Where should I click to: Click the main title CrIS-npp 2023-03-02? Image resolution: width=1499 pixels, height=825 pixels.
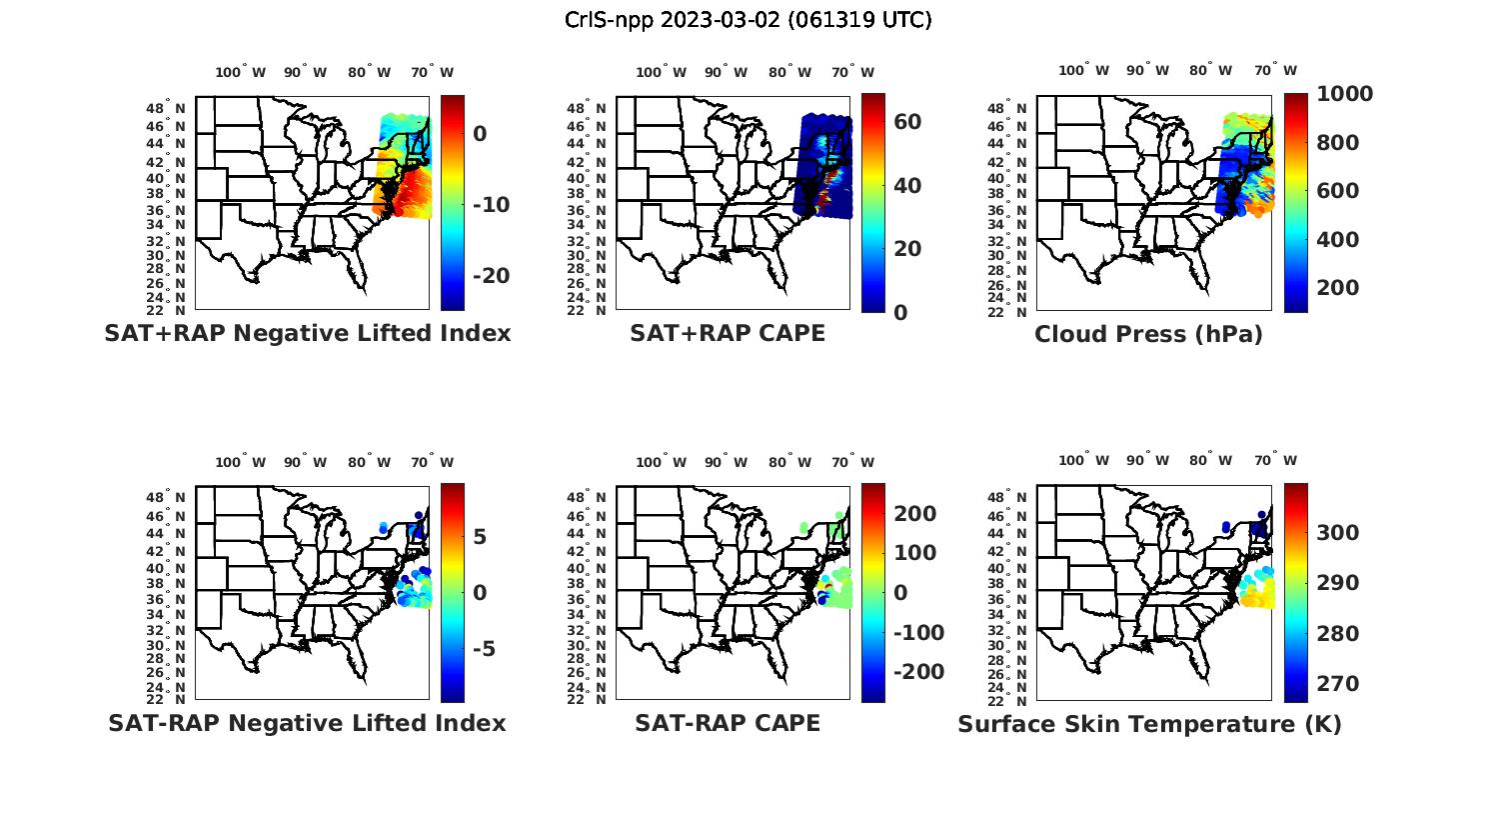tap(749, 20)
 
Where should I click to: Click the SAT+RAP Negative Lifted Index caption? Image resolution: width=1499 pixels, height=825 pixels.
tap(308, 334)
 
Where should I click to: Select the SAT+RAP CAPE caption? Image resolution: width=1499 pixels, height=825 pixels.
tap(728, 334)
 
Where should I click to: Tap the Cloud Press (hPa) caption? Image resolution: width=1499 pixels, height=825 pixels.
tap(1148, 335)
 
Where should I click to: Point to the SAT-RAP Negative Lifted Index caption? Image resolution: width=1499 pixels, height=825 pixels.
tap(307, 723)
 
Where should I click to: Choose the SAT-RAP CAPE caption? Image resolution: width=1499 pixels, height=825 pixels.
tap(728, 723)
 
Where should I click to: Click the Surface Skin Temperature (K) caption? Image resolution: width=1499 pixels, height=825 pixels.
tap(1149, 724)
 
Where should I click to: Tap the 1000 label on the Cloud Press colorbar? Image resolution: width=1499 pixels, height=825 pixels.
tap(1344, 94)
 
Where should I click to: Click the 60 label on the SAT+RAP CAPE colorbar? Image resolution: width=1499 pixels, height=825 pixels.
tap(907, 122)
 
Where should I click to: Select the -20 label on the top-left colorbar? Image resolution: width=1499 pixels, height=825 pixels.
tap(490, 276)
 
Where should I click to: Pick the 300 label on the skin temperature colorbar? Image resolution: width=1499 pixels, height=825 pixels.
tap(1337, 533)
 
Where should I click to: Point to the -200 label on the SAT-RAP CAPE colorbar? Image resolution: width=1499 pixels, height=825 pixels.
tap(917, 672)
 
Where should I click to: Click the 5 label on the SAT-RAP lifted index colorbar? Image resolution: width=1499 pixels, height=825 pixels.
tap(480, 537)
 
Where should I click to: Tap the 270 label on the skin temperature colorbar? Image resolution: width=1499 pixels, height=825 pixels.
tap(1337, 684)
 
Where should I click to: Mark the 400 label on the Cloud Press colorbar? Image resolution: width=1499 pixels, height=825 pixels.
tap(1337, 240)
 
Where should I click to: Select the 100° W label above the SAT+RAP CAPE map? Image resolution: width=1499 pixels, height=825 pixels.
tap(661, 72)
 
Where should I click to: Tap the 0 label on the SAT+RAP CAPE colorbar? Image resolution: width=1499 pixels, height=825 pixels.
tap(900, 313)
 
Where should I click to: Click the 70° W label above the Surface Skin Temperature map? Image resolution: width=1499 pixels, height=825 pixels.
tap(1275, 461)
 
